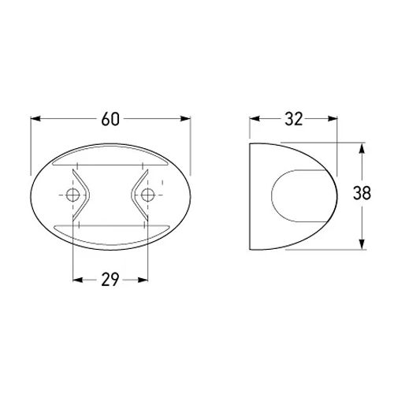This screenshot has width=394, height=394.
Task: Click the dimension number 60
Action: (110, 119)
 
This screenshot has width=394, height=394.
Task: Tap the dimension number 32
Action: (294, 119)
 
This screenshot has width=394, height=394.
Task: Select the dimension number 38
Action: (362, 193)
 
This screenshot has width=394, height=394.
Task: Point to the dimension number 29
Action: (110, 280)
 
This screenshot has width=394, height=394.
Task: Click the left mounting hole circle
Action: (72, 195)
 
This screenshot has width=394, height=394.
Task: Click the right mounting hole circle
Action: (147, 195)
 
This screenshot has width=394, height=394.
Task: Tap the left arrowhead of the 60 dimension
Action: (35, 119)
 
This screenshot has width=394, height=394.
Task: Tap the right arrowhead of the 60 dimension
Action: (185, 119)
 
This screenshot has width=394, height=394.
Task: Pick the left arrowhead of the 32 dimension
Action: (255, 119)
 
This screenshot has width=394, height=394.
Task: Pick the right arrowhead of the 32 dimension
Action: (333, 119)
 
